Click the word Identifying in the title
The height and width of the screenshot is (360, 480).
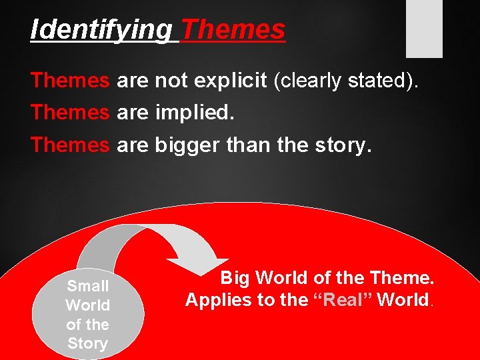101,30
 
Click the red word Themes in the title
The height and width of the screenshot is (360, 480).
233,30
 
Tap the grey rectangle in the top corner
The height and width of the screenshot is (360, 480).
425,28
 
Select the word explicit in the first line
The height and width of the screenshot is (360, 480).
229,81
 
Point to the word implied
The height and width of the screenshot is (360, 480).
195,113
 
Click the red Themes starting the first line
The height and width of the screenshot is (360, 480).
70,81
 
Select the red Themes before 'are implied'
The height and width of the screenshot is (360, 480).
70,113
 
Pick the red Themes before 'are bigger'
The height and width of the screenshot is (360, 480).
70,145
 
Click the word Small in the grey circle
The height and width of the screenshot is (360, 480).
87,286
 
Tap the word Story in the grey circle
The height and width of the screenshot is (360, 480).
87,344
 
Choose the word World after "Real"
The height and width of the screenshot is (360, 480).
403,300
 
